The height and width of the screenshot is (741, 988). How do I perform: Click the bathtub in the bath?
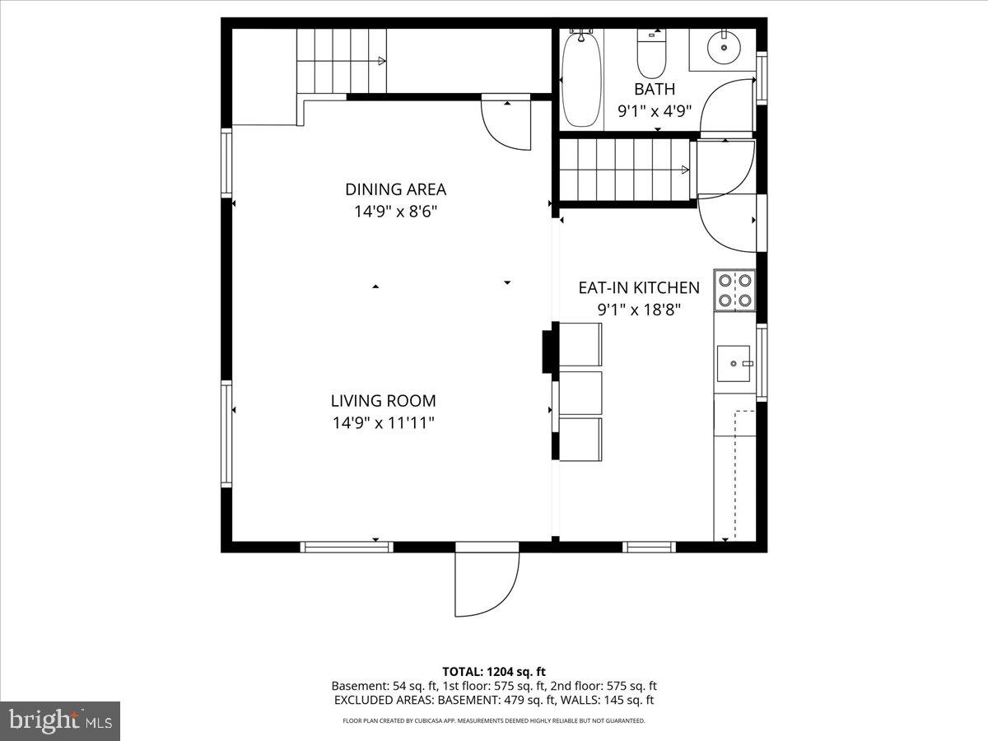click(x=582, y=78)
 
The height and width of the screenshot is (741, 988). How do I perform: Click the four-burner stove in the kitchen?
click(x=734, y=290)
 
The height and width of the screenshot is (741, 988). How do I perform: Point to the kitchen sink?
click(x=733, y=363)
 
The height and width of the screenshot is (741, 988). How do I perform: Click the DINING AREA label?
click(x=395, y=189)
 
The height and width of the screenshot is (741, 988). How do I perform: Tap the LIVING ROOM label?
click(x=383, y=401)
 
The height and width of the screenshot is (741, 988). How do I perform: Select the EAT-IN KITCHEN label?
click(x=639, y=287)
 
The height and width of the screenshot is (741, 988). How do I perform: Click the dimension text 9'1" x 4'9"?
click(x=655, y=110)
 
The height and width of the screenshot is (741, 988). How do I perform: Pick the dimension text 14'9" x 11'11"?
click(x=383, y=423)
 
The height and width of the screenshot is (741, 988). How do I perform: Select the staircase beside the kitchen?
click(x=626, y=170)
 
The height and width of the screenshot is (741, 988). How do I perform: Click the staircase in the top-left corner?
click(x=341, y=61)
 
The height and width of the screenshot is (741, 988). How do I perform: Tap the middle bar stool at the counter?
click(x=580, y=393)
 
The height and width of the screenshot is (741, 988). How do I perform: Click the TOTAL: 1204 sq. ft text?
click(x=494, y=671)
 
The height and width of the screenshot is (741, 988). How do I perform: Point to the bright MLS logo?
click(x=60, y=721)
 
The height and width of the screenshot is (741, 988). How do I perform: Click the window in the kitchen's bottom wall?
click(x=649, y=546)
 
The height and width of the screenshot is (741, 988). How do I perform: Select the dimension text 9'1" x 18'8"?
click(x=639, y=310)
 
